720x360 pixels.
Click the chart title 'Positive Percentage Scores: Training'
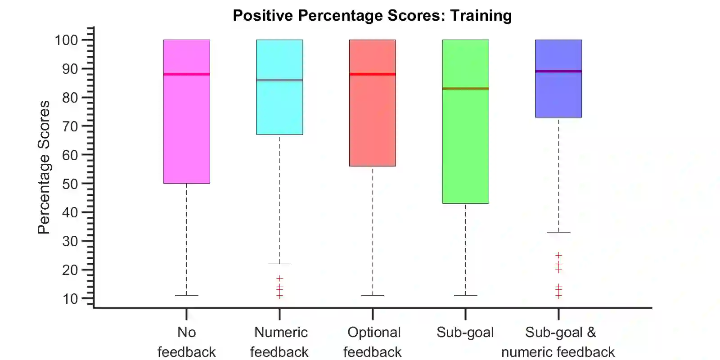click(372, 16)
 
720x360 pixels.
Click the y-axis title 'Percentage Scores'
click(44, 167)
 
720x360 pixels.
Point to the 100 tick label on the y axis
click(66, 40)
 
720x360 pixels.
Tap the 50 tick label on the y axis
click(70, 184)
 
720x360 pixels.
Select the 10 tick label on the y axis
click(70, 298)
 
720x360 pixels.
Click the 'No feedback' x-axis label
click(186, 342)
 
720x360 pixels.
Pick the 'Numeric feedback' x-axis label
click(279, 342)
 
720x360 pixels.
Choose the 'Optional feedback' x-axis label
click(373, 342)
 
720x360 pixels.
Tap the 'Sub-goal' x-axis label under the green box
click(465, 333)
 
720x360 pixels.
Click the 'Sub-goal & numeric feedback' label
click(558, 342)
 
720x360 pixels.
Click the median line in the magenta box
click(186, 74)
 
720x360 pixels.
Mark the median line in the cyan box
click(279, 80)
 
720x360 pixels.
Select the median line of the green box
click(465, 89)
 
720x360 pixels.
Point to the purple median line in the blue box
click(558, 72)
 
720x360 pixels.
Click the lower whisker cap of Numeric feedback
click(279, 264)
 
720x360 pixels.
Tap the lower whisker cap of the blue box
click(558, 232)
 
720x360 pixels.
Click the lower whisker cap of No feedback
click(186, 296)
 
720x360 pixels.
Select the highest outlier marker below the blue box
click(558, 255)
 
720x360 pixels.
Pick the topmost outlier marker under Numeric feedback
click(279, 278)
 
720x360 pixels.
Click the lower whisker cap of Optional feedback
click(373, 296)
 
